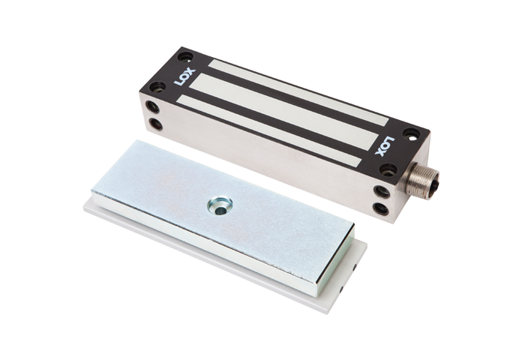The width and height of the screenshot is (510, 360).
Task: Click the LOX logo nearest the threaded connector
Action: [384, 145]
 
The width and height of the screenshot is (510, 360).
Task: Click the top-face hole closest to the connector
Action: [386, 170]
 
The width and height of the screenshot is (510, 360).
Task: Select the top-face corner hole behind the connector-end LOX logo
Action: [411, 133]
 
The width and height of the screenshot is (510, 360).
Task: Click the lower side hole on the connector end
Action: [382, 209]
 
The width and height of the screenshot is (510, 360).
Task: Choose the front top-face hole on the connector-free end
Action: [156, 86]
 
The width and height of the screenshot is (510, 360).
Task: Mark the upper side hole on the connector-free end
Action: [152, 107]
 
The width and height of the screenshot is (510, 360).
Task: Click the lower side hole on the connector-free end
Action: [155, 124]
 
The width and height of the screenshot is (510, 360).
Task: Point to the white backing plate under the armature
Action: [225, 259]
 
